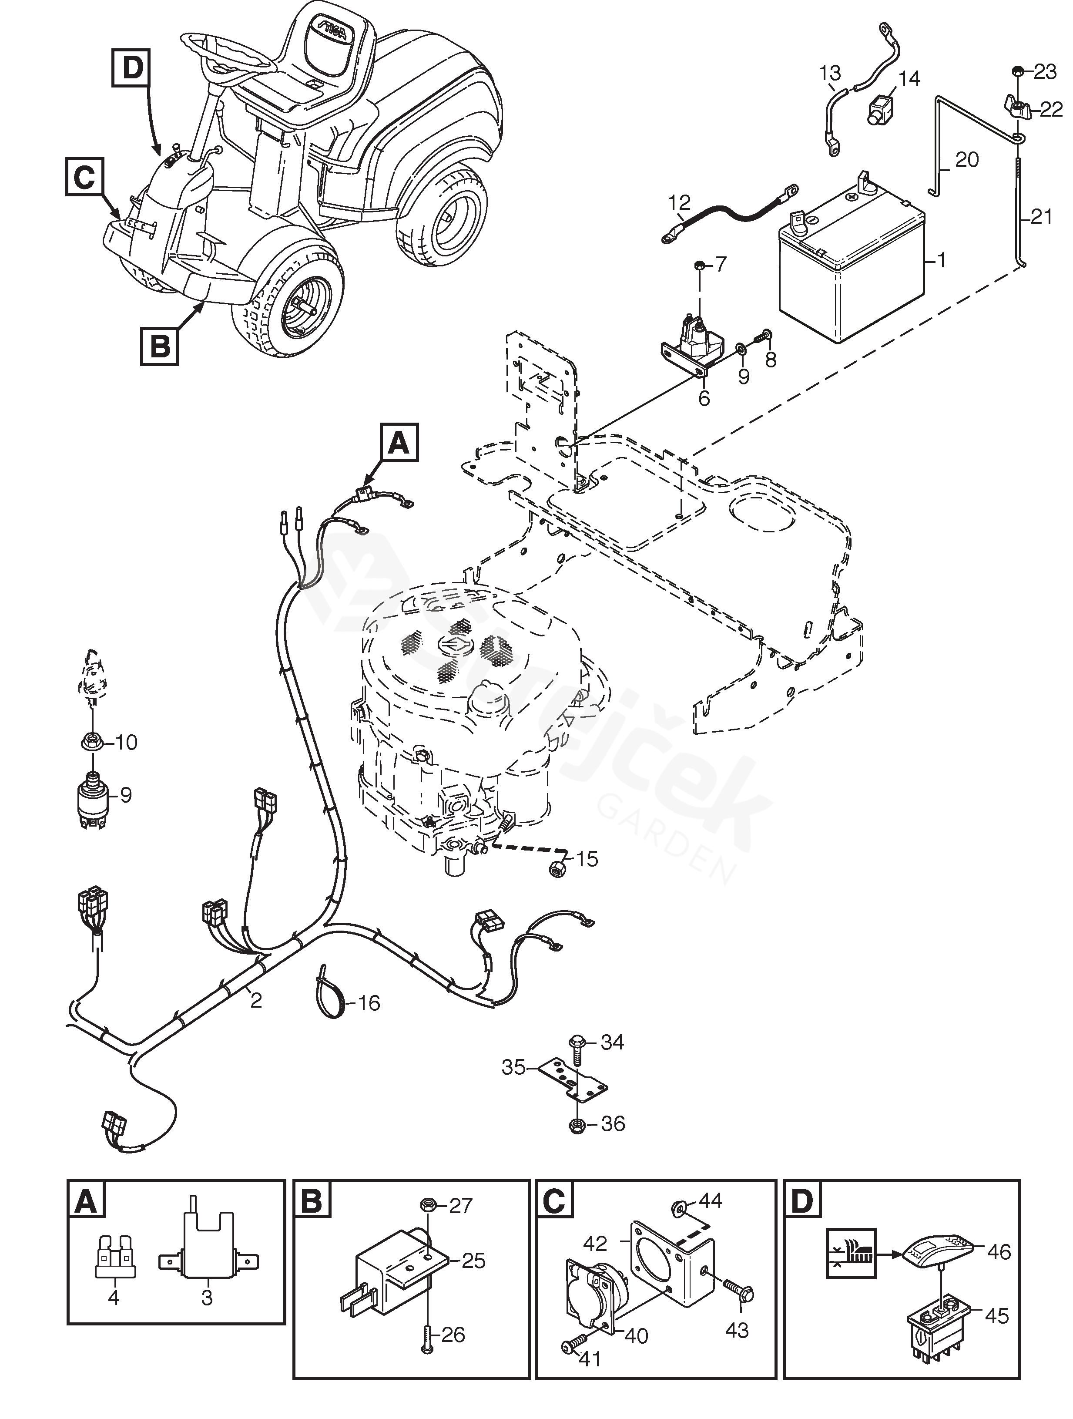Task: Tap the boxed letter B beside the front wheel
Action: click(160, 346)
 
